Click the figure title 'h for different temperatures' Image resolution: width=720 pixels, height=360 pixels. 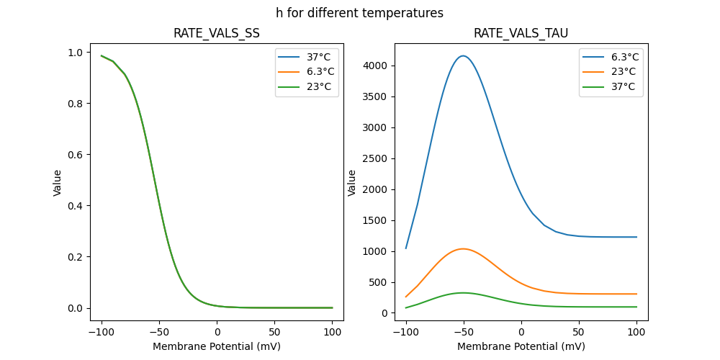click(359, 13)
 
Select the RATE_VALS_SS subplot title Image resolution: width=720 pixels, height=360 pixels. click(217, 33)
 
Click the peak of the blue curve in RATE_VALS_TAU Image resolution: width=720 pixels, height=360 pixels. click(464, 56)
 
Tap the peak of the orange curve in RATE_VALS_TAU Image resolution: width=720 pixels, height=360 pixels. click(463, 249)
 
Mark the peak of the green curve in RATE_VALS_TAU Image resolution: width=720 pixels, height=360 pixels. click(463, 292)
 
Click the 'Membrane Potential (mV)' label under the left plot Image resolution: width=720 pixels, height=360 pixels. click(217, 346)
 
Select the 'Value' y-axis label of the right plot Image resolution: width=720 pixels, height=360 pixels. click(352, 183)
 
